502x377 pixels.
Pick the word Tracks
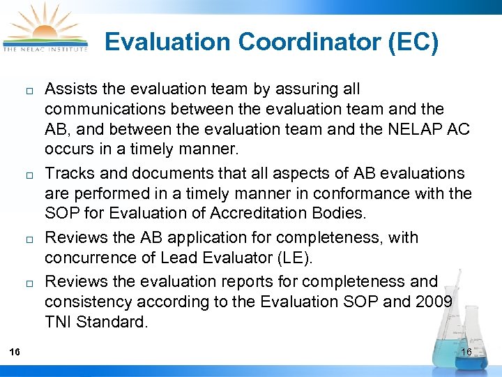(66, 172)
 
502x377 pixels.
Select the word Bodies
(345, 213)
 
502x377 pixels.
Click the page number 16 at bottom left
(14, 352)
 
